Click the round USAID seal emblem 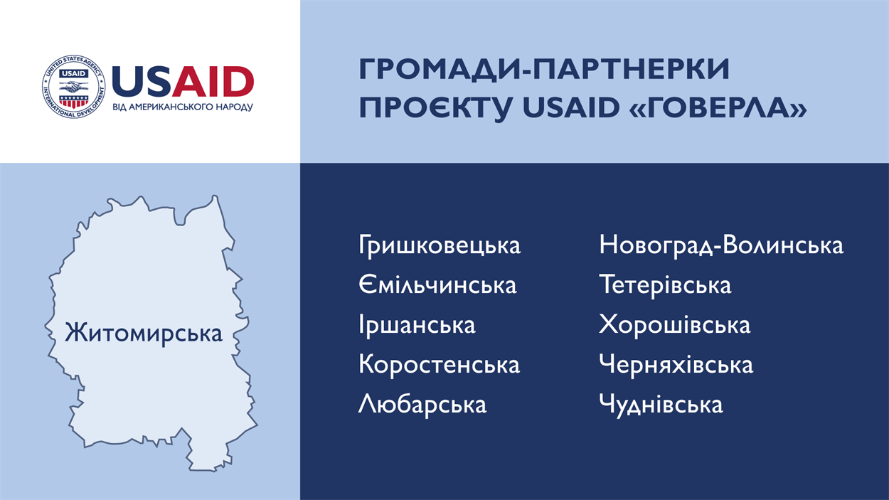[x=74, y=87]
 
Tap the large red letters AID [x=213, y=82]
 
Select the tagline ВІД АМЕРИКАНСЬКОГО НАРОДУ [x=183, y=107]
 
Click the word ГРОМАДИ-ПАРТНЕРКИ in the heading [x=544, y=70]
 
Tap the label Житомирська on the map [x=143, y=334]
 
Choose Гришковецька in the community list [x=440, y=245]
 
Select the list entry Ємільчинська [x=438, y=285]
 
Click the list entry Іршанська [x=417, y=324]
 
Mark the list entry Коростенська [x=439, y=365]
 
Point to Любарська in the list [x=422, y=405]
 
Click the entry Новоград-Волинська [x=721, y=245]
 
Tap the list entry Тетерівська [x=665, y=285]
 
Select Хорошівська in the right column [x=675, y=324]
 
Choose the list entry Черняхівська [x=676, y=364]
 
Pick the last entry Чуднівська [x=661, y=405]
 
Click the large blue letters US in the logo [x=142, y=82]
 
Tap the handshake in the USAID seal [x=74, y=86]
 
